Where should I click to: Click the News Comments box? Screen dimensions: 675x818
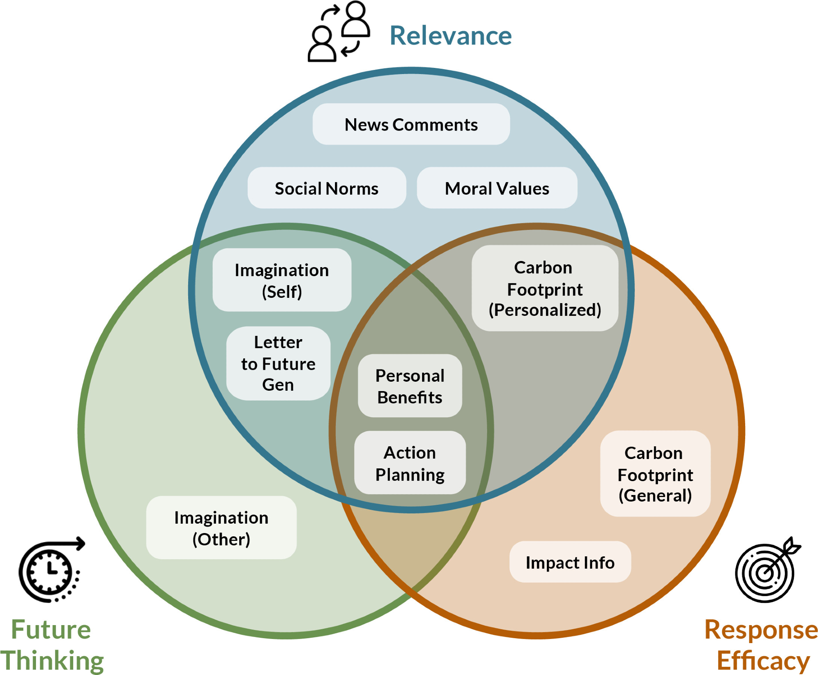(411, 124)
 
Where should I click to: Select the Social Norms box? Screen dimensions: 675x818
(326, 188)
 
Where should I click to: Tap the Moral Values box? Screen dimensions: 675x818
(497, 188)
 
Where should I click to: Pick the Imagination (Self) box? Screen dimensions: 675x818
(282, 280)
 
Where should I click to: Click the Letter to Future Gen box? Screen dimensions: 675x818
(278, 363)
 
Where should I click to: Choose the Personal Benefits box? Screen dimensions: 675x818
(410, 386)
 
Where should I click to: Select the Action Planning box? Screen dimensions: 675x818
(410, 463)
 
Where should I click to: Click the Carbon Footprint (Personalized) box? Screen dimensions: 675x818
(545, 288)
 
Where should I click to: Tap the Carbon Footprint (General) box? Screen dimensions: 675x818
(655, 474)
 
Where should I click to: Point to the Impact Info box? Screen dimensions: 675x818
(570, 562)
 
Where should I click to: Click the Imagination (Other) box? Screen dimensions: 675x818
(221, 528)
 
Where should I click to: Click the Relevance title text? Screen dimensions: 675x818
(450, 36)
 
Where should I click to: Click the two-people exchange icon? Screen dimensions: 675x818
(339, 32)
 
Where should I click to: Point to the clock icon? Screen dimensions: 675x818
(51, 570)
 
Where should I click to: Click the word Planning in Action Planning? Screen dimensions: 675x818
(410, 475)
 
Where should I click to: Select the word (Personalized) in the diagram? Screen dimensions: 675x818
(545, 310)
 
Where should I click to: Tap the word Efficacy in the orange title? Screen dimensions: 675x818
(763, 660)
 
